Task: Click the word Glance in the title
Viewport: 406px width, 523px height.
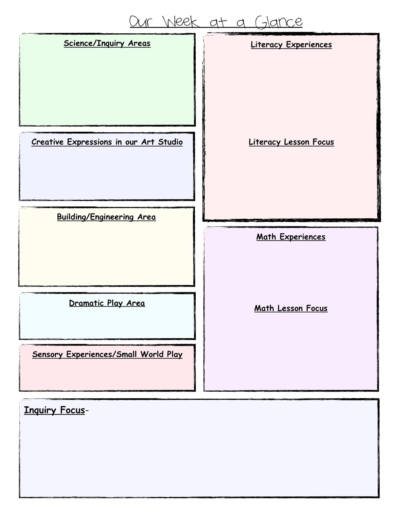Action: click(x=278, y=22)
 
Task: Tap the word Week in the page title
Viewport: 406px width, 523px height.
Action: click(x=181, y=22)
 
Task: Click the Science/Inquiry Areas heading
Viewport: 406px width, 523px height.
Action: click(x=107, y=43)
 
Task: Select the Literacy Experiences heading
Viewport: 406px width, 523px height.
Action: click(x=291, y=45)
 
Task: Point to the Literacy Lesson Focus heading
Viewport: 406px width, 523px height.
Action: click(x=291, y=142)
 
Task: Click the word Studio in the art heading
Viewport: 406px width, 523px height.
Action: click(x=170, y=142)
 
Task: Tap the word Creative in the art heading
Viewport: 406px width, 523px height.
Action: click(x=47, y=142)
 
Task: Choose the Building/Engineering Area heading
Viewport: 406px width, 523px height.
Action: click(x=106, y=217)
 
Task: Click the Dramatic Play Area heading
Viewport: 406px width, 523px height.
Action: click(x=107, y=303)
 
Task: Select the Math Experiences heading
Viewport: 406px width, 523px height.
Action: click(x=291, y=237)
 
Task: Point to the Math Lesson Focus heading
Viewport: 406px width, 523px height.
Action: click(x=291, y=309)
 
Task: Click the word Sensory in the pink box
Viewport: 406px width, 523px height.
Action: click(x=47, y=355)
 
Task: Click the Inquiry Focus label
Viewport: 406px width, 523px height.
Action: click(x=54, y=410)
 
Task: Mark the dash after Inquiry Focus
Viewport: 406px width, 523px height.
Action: click(x=87, y=411)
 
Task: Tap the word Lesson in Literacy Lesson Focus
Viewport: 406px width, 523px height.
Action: click(x=297, y=142)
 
